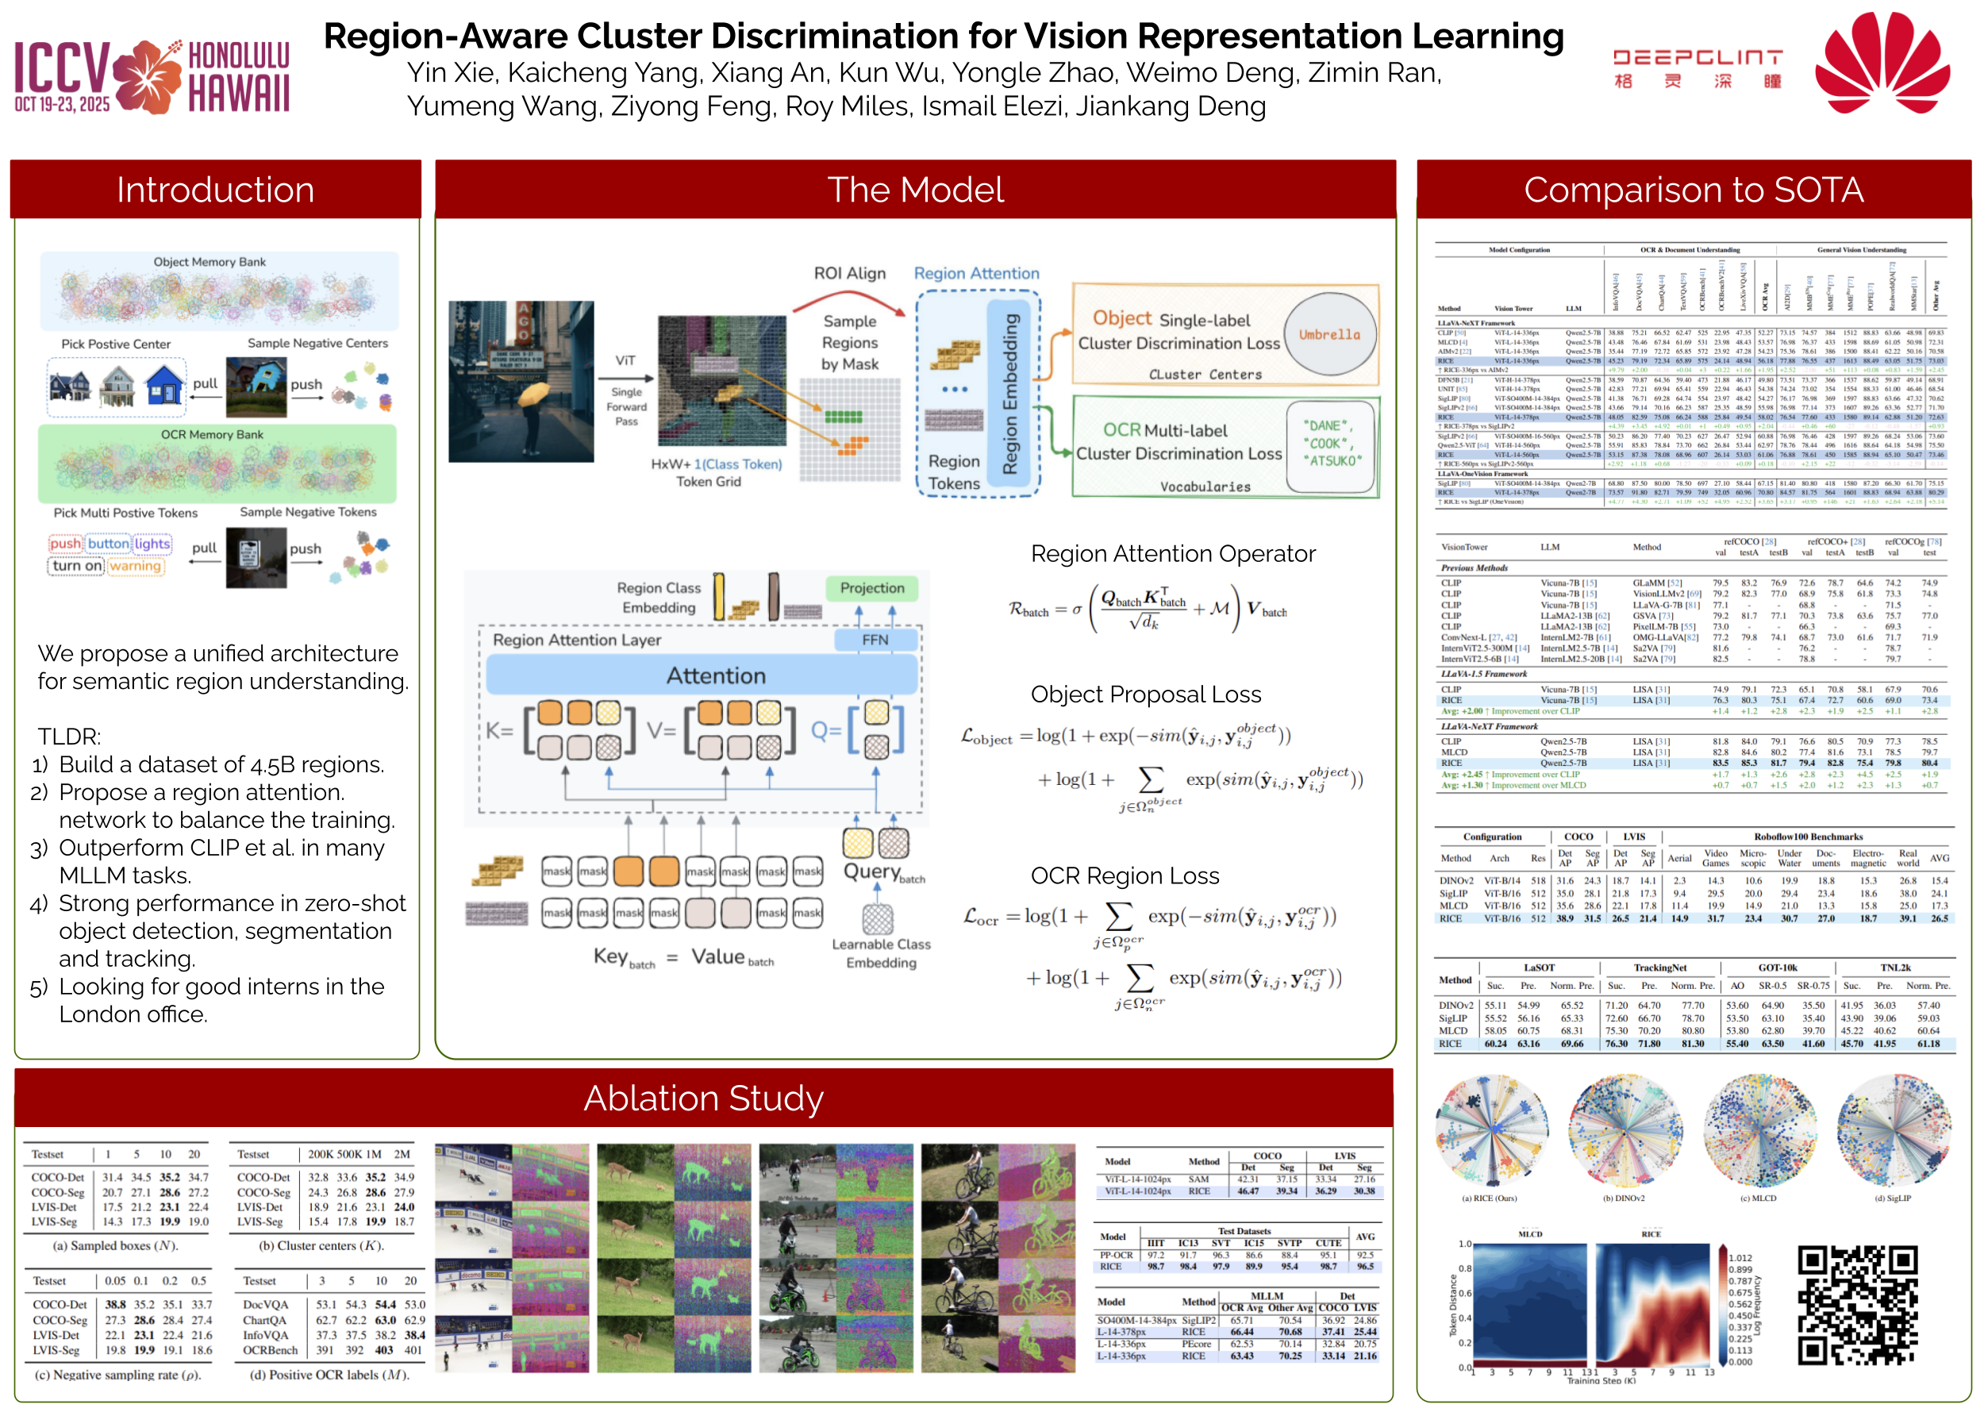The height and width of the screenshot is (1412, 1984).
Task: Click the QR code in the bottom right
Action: (x=1857, y=1304)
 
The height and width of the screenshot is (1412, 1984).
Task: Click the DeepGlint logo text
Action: (x=1696, y=59)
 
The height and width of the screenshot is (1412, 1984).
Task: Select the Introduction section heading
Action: (x=215, y=190)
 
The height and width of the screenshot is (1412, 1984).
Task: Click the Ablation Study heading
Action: (x=702, y=1098)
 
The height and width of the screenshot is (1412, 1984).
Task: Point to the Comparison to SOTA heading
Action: (x=1693, y=190)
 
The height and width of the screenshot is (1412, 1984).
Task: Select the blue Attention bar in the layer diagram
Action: (x=702, y=675)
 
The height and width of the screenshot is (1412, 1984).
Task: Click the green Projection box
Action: (x=871, y=589)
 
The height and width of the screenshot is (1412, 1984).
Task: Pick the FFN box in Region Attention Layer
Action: (x=875, y=640)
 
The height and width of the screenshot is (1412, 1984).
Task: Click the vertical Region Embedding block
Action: (x=1009, y=394)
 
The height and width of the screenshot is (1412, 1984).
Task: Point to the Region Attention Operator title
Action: (x=1172, y=554)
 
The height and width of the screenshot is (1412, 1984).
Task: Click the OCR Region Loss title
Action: (x=1125, y=875)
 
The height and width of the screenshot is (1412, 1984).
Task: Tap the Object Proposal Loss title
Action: (x=1145, y=694)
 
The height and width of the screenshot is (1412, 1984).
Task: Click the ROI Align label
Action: (x=848, y=273)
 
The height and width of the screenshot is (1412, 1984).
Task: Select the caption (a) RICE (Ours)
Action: (x=1489, y=1198)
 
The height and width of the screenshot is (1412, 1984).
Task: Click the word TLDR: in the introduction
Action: (x=70, y=737)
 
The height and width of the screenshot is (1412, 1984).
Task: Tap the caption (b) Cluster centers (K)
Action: (x=321, y=1246)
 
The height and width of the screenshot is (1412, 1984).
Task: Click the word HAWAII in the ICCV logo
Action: (x=238, y=93)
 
